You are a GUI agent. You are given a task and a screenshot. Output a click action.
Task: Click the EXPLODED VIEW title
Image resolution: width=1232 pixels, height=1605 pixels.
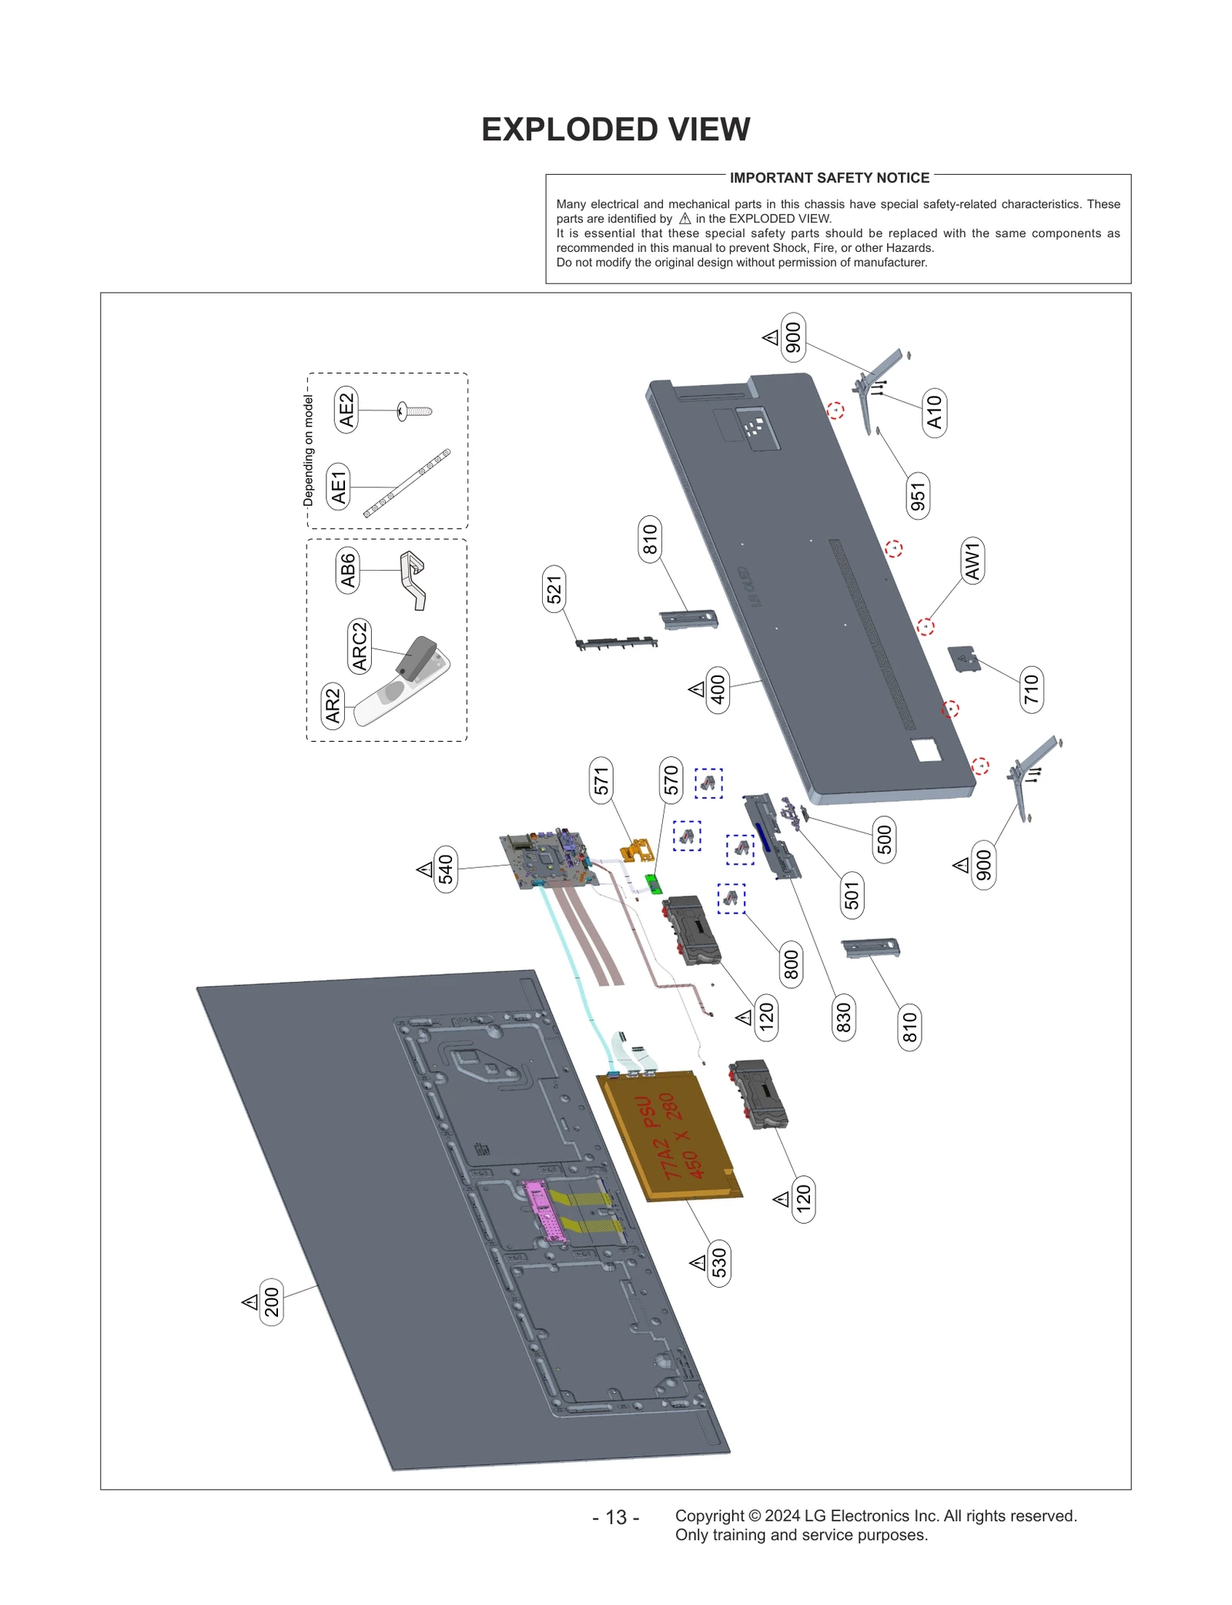click(615, 129)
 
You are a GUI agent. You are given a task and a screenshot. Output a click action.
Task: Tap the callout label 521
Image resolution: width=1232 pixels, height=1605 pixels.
click(554, 589)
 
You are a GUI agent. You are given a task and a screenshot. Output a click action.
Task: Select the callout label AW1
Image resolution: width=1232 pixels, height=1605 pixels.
click(973, 560)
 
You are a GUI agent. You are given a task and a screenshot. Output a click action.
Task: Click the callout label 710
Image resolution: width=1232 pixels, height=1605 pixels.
click(1031, 689)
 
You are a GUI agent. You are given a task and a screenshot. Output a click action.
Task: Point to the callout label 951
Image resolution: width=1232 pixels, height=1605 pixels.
click(917, 496)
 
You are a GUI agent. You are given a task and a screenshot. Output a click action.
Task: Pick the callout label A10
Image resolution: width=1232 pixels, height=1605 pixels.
click(934, 412)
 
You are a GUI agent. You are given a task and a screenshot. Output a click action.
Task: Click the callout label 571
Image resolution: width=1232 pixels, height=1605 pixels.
click(601, 780)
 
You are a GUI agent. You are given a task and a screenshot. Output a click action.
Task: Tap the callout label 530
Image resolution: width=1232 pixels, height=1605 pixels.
click(718, 1262)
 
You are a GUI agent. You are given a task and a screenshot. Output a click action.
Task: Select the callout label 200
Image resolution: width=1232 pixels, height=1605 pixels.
click(271, 1302)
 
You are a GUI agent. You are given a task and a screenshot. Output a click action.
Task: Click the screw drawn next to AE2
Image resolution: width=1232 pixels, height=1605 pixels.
click(414, 410)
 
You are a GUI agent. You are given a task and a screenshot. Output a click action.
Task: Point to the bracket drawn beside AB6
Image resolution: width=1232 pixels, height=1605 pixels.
click(413, 579)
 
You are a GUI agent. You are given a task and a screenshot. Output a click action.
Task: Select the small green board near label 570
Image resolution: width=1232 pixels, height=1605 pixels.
click(653, 883)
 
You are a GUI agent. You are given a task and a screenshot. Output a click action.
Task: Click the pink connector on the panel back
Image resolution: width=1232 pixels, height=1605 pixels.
click(544, 1210)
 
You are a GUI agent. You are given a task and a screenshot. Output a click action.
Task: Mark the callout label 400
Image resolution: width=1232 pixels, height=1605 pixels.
click(717, 689)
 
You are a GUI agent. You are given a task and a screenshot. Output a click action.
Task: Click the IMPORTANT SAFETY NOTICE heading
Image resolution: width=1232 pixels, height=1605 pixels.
click(829, 178)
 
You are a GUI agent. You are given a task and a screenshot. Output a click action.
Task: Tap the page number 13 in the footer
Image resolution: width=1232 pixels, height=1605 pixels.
click(615, 1516)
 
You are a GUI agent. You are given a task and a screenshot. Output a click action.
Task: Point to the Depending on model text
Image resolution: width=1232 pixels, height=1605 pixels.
click(309, 450)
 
